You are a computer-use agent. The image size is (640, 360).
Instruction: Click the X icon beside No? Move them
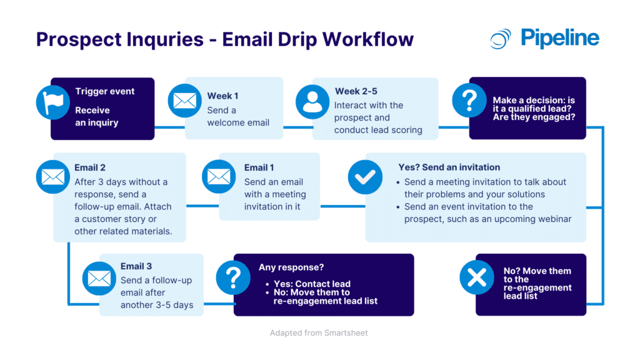coord(476,277)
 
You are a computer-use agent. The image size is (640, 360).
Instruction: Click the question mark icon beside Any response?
coord(233,277)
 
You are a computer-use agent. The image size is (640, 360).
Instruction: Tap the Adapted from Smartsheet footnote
coord(319,333)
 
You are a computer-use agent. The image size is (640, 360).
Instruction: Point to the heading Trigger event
coord(105,91)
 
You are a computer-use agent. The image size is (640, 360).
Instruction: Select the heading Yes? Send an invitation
coord(449,167)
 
